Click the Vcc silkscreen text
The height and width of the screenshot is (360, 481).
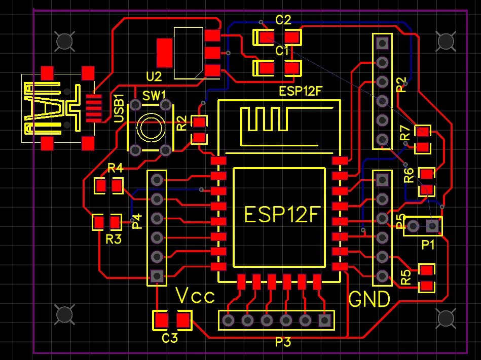tap(195, 296)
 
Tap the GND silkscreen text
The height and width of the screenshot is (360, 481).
tap(370, 299)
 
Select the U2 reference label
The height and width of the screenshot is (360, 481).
tap(154, 77)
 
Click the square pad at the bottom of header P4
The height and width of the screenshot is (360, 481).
tap(157, 276)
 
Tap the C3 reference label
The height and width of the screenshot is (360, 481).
tap(170, 338)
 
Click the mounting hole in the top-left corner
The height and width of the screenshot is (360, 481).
tap(64, 41)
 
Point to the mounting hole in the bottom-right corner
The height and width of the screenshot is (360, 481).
tap(446, 318)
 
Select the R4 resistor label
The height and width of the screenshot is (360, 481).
tap(116, 169)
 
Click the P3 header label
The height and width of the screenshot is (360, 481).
tap(283, 342)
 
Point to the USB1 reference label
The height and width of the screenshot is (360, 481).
tap(120, 108)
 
